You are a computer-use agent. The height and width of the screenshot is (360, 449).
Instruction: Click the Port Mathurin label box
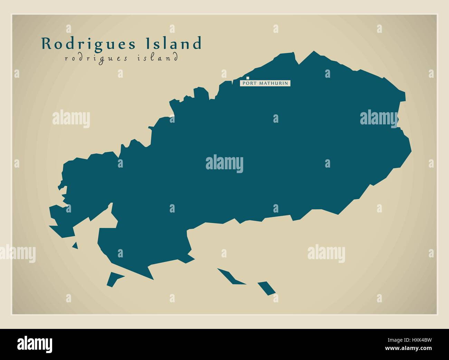click(265, 83)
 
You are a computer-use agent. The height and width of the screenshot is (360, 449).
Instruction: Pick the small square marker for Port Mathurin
click(247, 78)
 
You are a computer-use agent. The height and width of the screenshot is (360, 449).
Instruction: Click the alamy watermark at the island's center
click(224, 163)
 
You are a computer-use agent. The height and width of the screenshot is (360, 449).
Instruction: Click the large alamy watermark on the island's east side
click(379, 118)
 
